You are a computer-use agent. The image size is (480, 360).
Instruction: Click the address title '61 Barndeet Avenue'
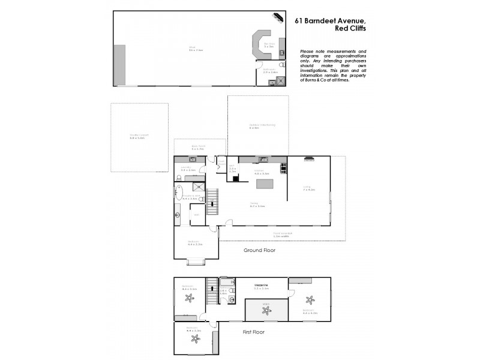click(329, 19)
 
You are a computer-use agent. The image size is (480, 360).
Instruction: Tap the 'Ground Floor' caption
click(259, 250)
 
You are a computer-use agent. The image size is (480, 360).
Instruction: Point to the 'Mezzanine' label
click(260, 284)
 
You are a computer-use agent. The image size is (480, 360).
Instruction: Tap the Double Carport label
click(137, 136)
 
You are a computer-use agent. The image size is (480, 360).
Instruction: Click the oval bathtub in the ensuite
click(178, 193)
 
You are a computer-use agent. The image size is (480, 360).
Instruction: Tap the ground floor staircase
click(212, 202)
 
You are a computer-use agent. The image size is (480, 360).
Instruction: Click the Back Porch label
click(198, 146)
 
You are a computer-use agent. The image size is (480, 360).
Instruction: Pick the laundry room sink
click(193, 160)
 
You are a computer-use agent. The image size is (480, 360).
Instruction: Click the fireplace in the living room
click(308, 159)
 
